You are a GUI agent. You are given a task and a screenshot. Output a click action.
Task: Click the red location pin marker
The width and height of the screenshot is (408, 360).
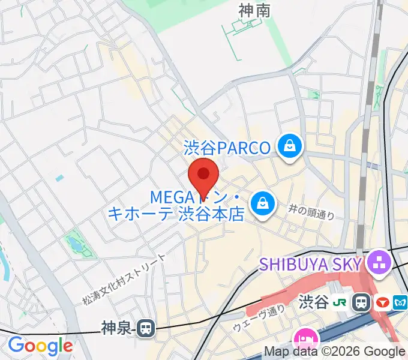pos(203,176)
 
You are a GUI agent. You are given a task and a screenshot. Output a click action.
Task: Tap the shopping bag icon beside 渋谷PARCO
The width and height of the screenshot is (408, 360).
pos(290,146)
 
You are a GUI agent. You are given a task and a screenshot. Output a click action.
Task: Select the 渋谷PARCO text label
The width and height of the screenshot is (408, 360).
pos(227,147)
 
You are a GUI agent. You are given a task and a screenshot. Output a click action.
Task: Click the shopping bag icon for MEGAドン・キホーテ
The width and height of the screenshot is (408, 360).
pos(263,203)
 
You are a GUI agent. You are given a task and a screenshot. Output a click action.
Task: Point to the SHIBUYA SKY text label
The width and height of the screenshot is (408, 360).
pos(310,264)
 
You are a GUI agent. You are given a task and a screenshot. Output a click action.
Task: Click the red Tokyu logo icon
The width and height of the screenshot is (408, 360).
pos(381,303)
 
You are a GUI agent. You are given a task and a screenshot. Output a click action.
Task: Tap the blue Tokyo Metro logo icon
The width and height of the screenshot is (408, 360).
pos(399,303)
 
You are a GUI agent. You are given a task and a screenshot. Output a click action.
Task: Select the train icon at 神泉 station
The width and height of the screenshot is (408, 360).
pos(145,328)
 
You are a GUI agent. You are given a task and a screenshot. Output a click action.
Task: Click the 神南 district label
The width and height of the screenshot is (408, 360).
pos(254,10)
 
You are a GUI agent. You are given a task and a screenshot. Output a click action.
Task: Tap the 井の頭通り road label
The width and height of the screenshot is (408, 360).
pos(310,211)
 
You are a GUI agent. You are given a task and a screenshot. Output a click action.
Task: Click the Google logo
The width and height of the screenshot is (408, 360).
pos(40,346)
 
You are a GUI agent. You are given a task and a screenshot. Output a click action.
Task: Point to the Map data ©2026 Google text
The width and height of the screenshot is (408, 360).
pos(335,352)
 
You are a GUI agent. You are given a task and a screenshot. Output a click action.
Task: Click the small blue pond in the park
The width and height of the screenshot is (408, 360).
pos(76,244)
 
